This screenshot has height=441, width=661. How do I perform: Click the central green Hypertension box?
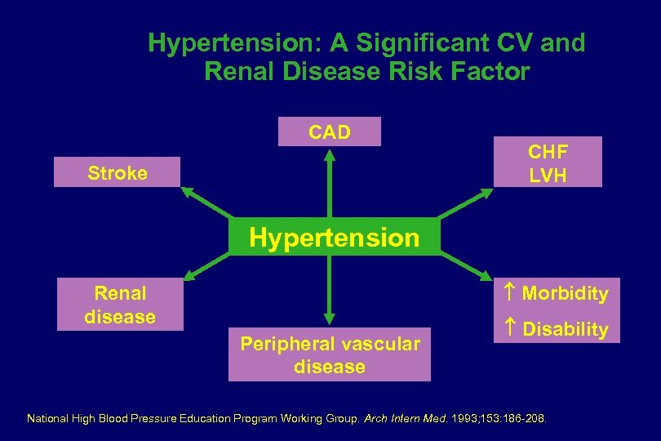333,238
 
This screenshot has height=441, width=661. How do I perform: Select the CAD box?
329,132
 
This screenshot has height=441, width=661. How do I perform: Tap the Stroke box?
118,172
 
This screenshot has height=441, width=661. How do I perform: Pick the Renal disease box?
120,305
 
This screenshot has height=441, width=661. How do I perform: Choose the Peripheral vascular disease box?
329,355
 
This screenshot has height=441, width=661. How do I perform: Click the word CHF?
548,152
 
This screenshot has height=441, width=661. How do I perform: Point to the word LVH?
548,175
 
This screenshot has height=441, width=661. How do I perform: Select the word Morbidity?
565,293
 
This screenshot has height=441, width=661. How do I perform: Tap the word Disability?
565,330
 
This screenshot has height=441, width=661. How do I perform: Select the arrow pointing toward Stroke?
205,204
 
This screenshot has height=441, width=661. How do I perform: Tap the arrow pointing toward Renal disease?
206,267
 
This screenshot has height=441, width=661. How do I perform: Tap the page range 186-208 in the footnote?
530,419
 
